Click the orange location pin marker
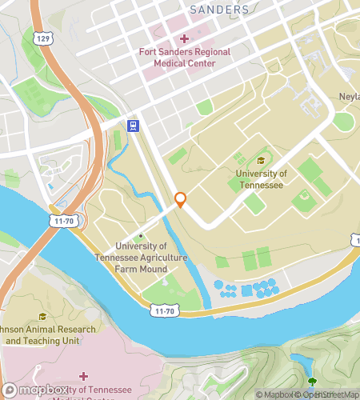click(181, 200)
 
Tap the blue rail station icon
click(134, 126)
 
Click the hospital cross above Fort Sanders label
click(184, 38)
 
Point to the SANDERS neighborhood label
click(219, 10)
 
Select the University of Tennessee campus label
click(261, 178)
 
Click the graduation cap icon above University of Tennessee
click(238, 160)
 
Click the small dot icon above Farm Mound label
click(141, 235)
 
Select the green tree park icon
click(311, 382)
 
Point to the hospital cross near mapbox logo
click(83, 375)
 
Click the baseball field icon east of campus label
click(303, 194)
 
